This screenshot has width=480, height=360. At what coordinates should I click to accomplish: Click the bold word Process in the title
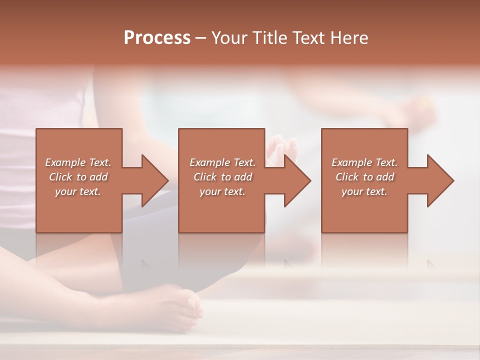click(157, 38)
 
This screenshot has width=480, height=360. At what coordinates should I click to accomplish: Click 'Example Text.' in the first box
click(78, 162)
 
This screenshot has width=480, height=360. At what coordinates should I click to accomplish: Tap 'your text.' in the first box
click(78, 191)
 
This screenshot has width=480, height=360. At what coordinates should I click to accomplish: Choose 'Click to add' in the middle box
click(222, 177)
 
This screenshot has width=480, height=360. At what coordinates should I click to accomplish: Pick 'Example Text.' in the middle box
click(222, 162)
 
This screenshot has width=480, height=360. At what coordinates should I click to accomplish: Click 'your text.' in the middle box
click(222, 191)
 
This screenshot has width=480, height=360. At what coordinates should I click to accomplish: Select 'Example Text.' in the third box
click(364, 162)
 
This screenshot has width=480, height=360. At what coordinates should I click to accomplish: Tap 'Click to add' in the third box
click(364, 177)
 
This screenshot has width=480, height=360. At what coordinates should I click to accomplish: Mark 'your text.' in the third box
click(364, 191)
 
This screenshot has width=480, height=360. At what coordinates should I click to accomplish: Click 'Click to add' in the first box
click(78, 177)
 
